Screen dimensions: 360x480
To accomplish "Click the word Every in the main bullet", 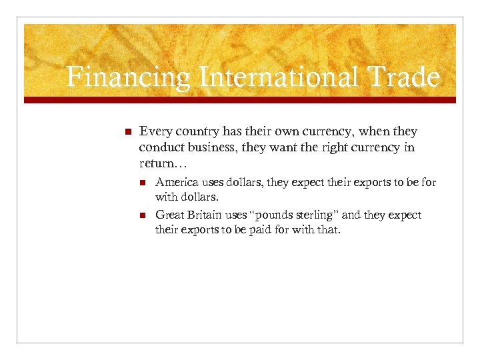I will click(x=154, y=132).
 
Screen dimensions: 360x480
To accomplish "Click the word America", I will click(x=177, y=182).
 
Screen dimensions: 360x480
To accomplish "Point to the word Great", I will click(x=169, y=215).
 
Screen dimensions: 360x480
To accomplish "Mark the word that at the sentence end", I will click(x=328, y=230).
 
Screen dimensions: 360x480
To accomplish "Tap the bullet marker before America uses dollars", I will click(x=142, y=182).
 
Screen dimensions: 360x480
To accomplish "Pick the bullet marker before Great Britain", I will click(x=142, y=215).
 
